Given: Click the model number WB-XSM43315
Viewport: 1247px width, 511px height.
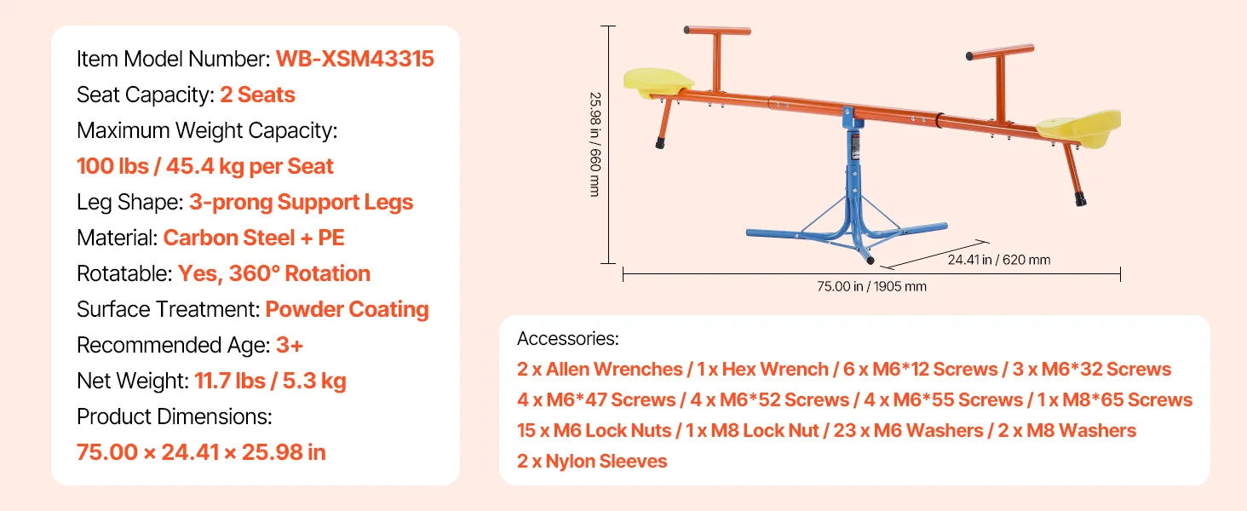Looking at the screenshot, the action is point(354,59).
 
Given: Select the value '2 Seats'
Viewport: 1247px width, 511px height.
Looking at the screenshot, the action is point(257,95).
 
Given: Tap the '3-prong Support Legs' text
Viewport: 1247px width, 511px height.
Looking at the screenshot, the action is point(302,202).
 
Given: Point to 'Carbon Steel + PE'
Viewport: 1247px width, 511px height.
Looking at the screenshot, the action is point(254,238).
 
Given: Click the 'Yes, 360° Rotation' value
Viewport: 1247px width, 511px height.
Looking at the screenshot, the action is point(274,273).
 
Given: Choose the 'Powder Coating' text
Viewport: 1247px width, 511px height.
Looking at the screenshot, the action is point(347,309).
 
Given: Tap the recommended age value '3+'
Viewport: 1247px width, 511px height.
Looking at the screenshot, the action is point(290,345).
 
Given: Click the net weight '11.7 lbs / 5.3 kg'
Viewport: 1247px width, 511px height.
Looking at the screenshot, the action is point(270,382).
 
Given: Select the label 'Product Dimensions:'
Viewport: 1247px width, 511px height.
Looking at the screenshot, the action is point(175,416).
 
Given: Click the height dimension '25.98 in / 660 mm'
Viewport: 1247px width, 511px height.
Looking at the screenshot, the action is point(595,144).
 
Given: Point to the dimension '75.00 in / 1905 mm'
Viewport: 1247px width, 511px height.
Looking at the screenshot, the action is point(871,286).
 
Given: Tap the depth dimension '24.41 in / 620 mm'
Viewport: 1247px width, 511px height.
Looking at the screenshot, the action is point(999,260).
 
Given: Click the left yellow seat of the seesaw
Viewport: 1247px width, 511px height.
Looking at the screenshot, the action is point(658,83).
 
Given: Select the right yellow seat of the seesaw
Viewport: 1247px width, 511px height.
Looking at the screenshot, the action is point(1080,129).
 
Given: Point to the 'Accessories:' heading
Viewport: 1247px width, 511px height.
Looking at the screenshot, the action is point(568,338).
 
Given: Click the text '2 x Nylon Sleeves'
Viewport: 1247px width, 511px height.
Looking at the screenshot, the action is point(592,461).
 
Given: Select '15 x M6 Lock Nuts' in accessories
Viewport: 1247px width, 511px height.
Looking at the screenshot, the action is point(594,430).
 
